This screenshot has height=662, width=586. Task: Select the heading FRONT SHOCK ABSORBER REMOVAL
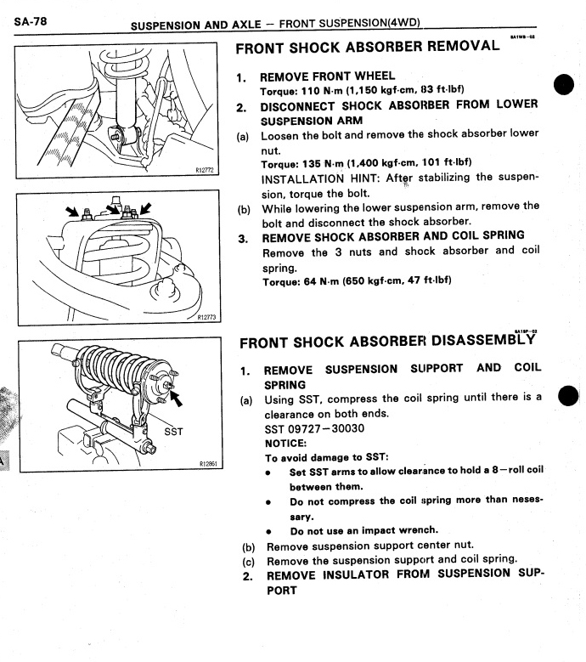coord(368,47)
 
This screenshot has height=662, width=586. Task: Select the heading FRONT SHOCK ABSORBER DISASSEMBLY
coord(390,343)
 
